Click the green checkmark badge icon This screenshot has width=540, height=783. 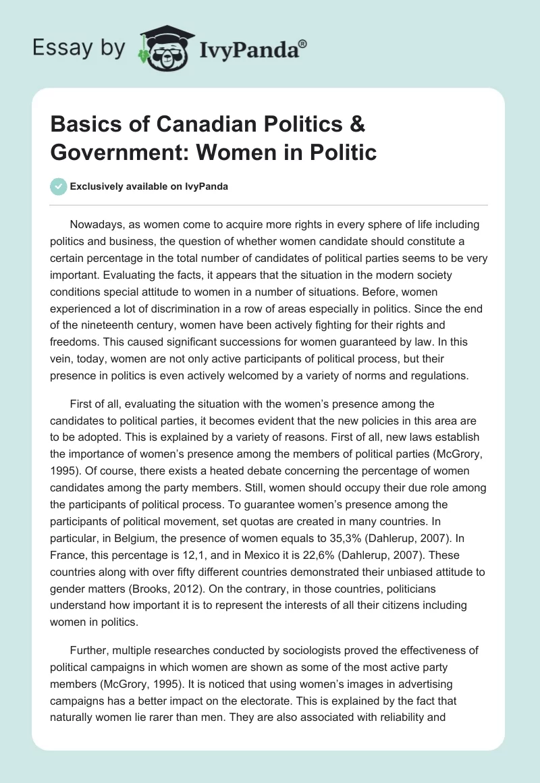coord(59,186)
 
